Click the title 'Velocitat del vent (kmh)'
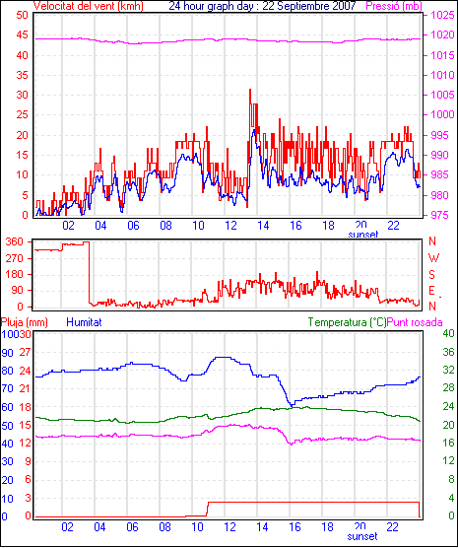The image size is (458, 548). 88,6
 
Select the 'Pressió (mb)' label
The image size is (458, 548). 394,6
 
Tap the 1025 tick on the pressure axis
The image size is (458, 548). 442,15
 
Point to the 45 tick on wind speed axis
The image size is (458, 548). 22,34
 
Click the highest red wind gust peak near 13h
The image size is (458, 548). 250,90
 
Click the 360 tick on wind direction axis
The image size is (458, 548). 15,241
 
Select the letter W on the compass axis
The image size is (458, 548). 433,258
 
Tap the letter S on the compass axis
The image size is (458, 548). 431,275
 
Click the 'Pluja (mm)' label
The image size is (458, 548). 24,322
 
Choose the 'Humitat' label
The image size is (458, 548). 84,322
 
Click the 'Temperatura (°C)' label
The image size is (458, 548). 348,322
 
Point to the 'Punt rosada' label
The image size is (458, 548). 415,322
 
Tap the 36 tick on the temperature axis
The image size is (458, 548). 448,352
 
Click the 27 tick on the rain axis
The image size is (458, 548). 26,352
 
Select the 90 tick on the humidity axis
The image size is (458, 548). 7,353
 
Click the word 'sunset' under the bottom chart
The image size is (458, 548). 362,536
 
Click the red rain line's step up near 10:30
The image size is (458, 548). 208,509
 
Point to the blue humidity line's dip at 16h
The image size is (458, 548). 291,405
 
